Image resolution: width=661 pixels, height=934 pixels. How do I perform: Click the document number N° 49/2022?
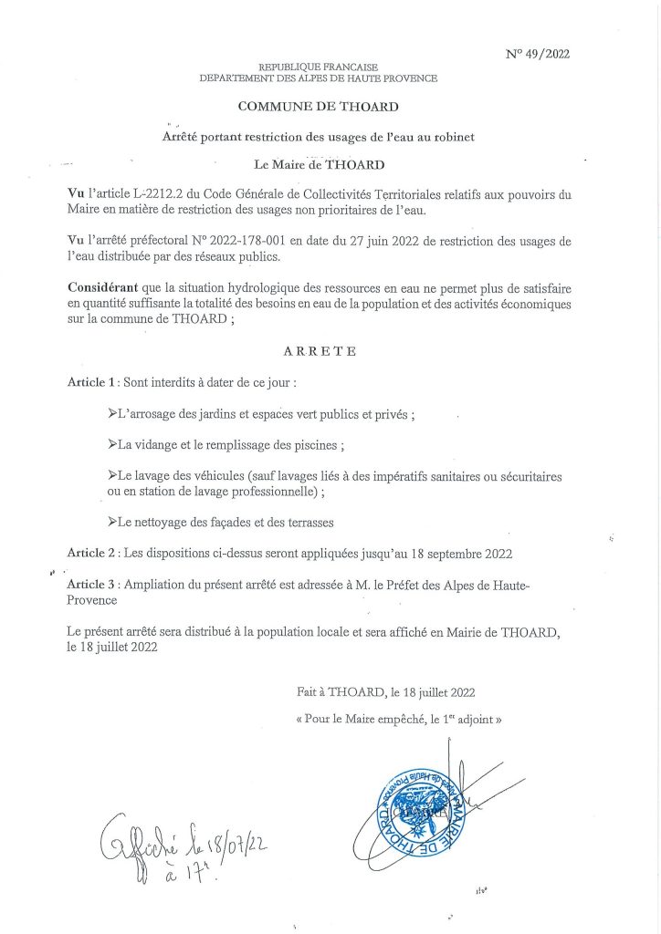click(x=538, y=54)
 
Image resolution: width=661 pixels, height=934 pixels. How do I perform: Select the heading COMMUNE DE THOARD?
click(x=318, y=107)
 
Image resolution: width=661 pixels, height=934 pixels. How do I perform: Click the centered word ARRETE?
click(x=320, y=350)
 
